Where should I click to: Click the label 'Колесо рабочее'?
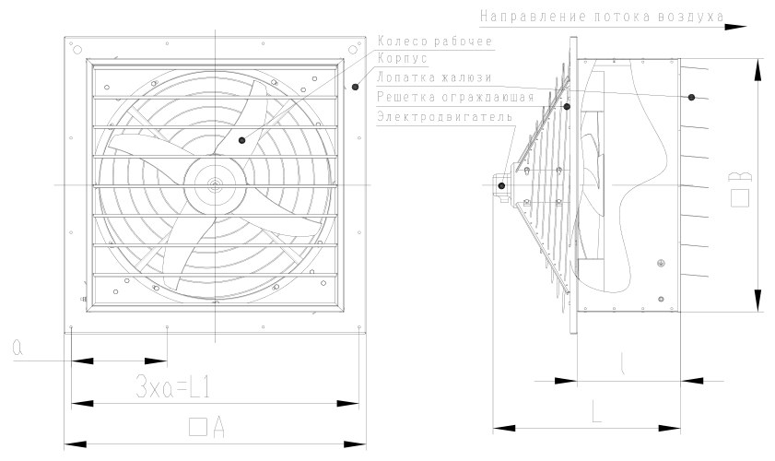pos(435,41)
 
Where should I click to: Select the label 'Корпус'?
pos(403,58)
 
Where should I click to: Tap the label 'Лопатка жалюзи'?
pos(434,77)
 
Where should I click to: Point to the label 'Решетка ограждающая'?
pos(455,97)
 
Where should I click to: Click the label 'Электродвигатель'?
pos(444,117)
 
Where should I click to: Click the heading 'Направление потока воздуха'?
pos(602,17)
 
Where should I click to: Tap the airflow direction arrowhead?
pos(736,27)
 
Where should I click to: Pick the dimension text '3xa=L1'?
pos(172,387)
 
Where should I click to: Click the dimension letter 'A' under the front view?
pos(219,428)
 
